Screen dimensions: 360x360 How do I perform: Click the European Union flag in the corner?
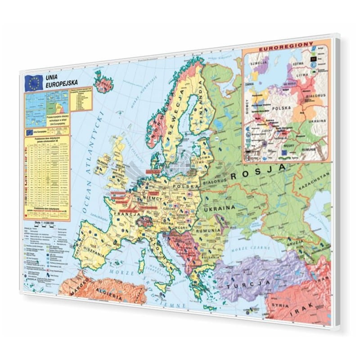[x=34, y=82]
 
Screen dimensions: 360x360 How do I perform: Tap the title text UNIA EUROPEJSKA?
[x=61, y=80]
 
